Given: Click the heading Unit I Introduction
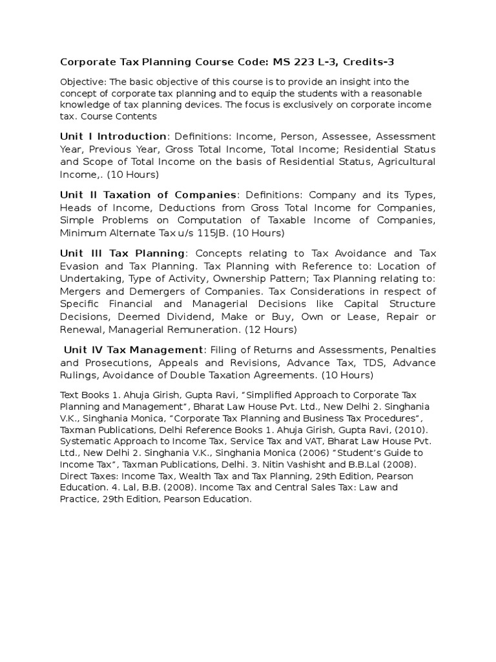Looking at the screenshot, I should pos(113,136).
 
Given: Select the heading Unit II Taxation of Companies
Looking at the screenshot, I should pos(149,195).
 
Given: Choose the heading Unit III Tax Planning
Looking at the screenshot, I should pos(123,253).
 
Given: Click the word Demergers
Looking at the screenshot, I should pos(146,291).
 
